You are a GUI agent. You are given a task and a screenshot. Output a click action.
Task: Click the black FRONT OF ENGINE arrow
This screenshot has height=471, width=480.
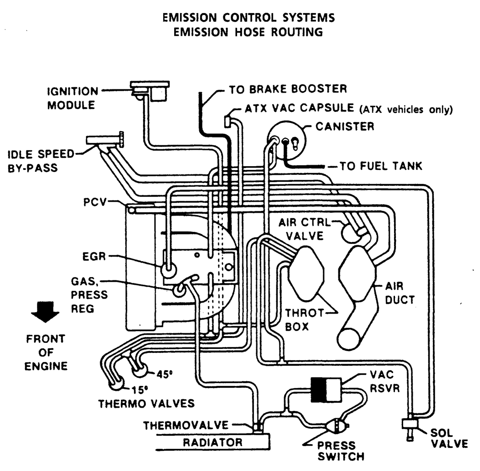tap(45, 316)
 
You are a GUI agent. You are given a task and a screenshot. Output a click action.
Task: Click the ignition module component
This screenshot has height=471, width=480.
tap(151, 90)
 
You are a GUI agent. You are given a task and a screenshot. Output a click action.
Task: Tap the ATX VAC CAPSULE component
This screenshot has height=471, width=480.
tap(228, 120)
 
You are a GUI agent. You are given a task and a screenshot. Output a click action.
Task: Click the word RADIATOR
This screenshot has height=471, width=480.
tap(213, 442)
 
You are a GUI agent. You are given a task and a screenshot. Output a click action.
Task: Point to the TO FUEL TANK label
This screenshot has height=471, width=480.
tap(381, 166)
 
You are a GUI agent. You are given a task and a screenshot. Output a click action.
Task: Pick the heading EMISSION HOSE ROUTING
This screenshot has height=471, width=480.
tap(248, 32)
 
